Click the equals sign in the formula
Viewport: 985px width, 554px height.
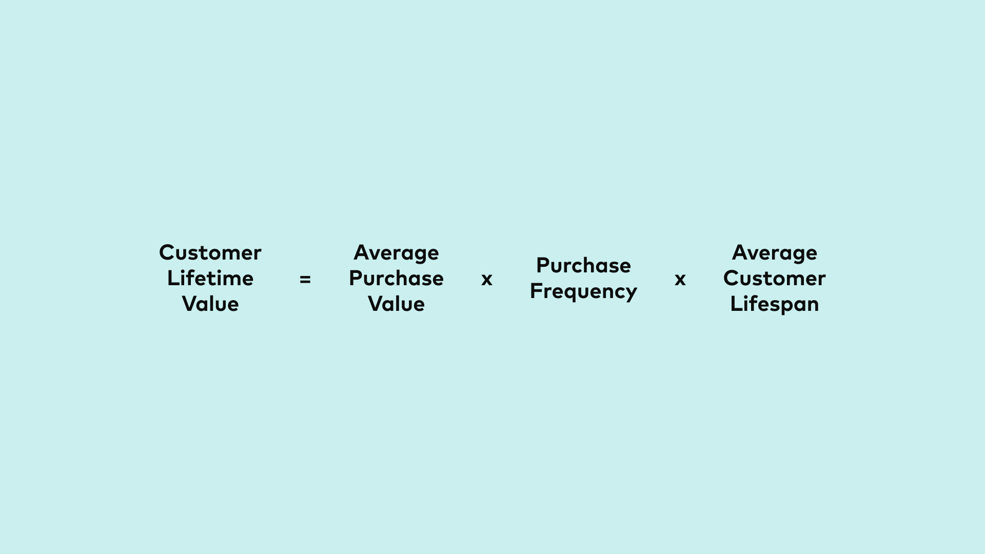click(x=305, y=280)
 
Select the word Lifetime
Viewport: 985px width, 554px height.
click(x=210, y=279)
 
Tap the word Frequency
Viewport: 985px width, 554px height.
click(x=583, y=291)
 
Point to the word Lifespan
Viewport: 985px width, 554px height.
click(x=774, y=304)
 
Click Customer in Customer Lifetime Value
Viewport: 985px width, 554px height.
click(x=210, y=253)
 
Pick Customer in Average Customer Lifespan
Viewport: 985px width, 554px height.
click(x=774, y=279)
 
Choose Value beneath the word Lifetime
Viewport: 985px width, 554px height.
click(x=210, y=304)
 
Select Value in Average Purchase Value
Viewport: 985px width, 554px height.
click(x=396, y=304)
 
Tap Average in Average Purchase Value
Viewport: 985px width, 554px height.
click(x=396, y=253)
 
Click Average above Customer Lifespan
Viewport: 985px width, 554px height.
click(x=774, y=253)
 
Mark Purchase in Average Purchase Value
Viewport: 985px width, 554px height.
click(x=396, y=279)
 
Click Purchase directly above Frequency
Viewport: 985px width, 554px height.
click(x=583, y=266)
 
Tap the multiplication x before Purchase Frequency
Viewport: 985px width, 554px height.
click(x=487, y=280)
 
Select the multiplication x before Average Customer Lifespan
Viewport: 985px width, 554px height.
click(x=680, y=280)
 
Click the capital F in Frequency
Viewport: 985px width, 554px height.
click(x=536, y=290)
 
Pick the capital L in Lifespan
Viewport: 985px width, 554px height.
click(x=735, y=304)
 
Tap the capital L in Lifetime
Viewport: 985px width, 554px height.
click(x=172, y=278)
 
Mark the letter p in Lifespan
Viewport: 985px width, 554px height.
click(x=785, y=306)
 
